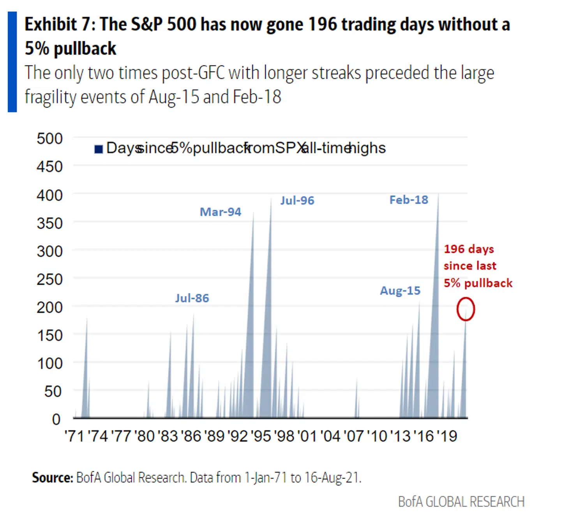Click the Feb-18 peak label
[x=409, y=200]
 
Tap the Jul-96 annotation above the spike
[x=297, y=201]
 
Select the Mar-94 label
[x=221, y=212]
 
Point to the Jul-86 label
[x=192, y=298]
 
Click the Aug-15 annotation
[x=400, y=291]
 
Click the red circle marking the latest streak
[x=466, y=309]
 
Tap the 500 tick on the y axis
[x=49, y=139]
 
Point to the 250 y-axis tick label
[x=49, y=279]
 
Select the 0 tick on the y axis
[x=56, y=420]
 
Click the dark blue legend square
[x=99, y=149]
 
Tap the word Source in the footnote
[x=52, y=477]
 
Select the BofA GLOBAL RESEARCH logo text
[x=461, y=502]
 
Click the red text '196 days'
[x=469, y=249]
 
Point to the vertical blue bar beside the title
[x=12, y=62]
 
